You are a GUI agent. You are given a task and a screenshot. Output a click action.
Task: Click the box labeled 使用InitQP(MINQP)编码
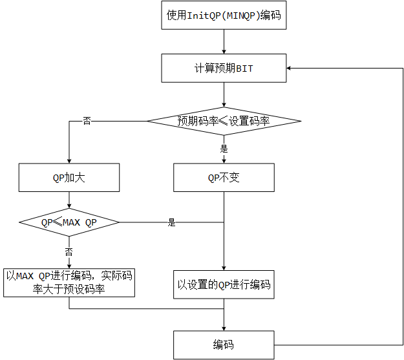pyautogui.click(x=223, y=16)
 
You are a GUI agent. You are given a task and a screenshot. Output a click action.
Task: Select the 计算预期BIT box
pyautogui.click(x=223, y=68)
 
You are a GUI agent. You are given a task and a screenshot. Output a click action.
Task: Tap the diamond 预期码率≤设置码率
pyautogui.click(x=223, y=120)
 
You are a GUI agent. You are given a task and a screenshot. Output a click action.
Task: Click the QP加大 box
pyautogui.click(x=69, y=177)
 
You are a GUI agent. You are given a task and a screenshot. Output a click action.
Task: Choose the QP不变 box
pyautogui.click(x=223, y=177)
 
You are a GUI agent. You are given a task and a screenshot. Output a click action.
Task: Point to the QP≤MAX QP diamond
pyautogui.click(x=69, y=222)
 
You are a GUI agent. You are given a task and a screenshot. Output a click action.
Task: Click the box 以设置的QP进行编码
pyautogui.click(x=223, y=284)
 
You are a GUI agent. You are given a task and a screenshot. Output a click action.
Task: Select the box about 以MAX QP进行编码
pyautogui.click(x=69, y=283)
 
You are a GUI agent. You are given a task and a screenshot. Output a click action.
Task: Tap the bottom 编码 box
pyautogui.click(x=223, y=344)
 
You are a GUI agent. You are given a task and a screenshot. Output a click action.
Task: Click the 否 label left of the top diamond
pyautogui.click(x=87, y=121)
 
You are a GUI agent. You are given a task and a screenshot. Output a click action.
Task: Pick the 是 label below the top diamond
pyautogui.click(x=224, y=149)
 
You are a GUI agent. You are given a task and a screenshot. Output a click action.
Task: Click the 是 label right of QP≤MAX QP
pyautogui.click(x=172, y=223)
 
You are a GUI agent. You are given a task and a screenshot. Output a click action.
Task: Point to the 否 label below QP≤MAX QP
pyautogui.click(x=69, y=251)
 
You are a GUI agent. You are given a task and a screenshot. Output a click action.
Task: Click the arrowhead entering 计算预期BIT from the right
pyautogui.click(x=290, y=68)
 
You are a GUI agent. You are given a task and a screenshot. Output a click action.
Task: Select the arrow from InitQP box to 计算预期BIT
pyautogui.click(x=223, y=42)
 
